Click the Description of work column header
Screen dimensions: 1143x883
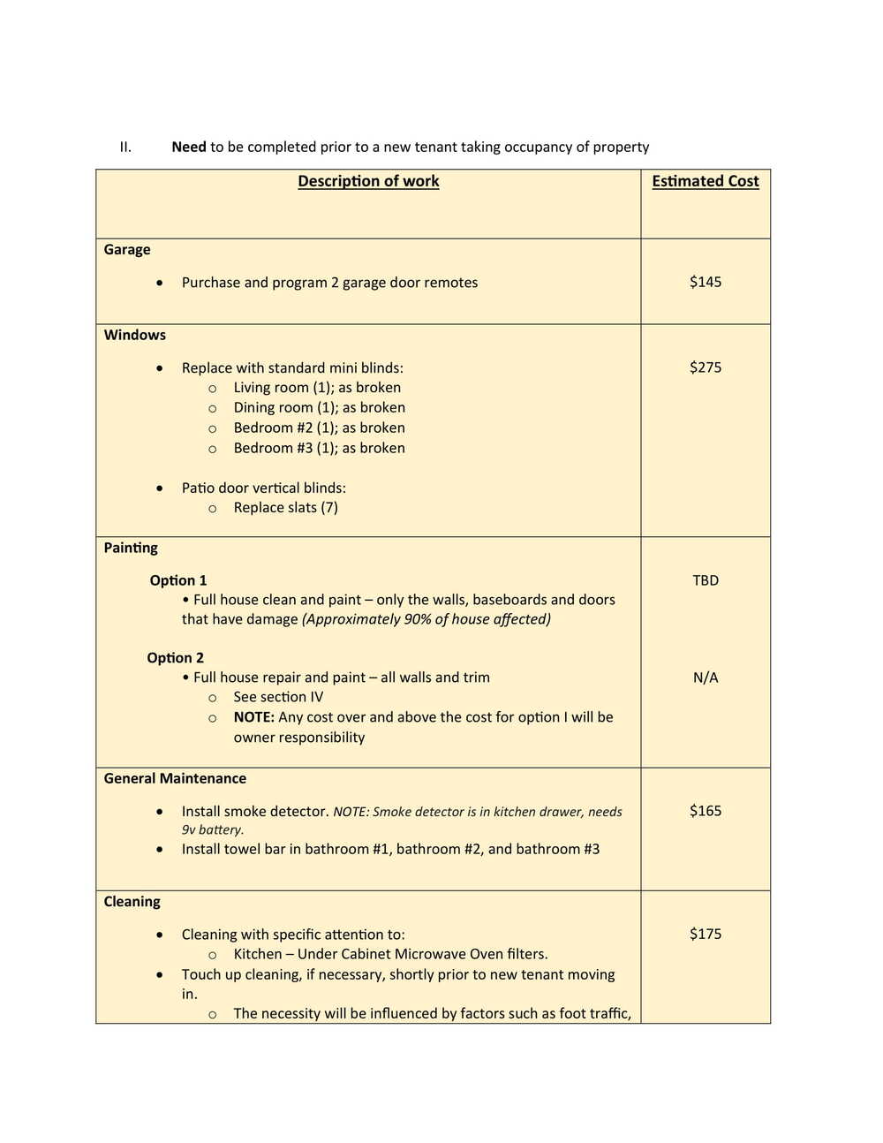point(368,181)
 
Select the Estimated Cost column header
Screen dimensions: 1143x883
point(705,181)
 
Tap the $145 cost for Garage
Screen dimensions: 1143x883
point(705,282)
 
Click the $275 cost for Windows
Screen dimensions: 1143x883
point(705,367)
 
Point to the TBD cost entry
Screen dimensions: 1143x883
point(705,580)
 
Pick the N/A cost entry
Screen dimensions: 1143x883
point(705,677)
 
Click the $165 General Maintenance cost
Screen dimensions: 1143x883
point(705,811)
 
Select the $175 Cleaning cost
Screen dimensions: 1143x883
point(705,934)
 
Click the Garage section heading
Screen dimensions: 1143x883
point(127,250)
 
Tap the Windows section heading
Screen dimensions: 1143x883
point(134,335)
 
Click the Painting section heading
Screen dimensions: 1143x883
point(131,548)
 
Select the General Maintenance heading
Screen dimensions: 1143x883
point(175,778)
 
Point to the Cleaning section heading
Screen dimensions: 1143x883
point(132,902)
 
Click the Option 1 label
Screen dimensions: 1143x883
point(177,580)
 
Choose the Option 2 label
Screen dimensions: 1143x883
point(175,658)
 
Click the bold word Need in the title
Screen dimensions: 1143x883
point(188,147)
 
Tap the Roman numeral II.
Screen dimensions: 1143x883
point(125,147)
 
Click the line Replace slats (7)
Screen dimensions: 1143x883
point(285,508)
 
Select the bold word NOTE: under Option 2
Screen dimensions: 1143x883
point(253,717)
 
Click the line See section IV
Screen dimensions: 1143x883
point(278,697)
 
